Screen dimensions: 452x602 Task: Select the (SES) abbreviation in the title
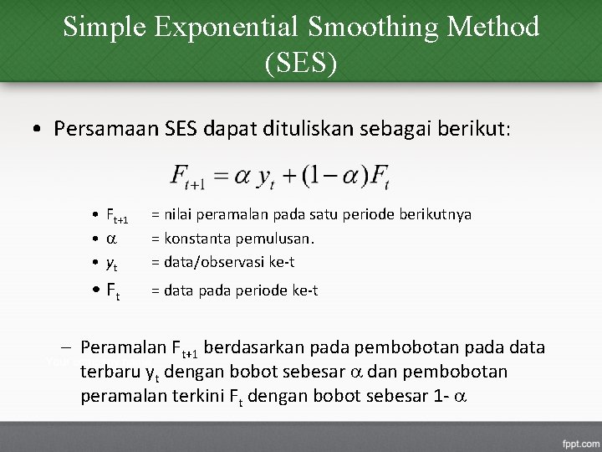point(301,63)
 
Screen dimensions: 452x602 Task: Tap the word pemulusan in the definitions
point(273,239)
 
